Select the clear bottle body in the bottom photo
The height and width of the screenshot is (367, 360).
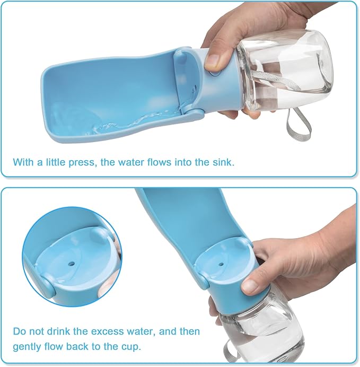[x=249, y=324]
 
